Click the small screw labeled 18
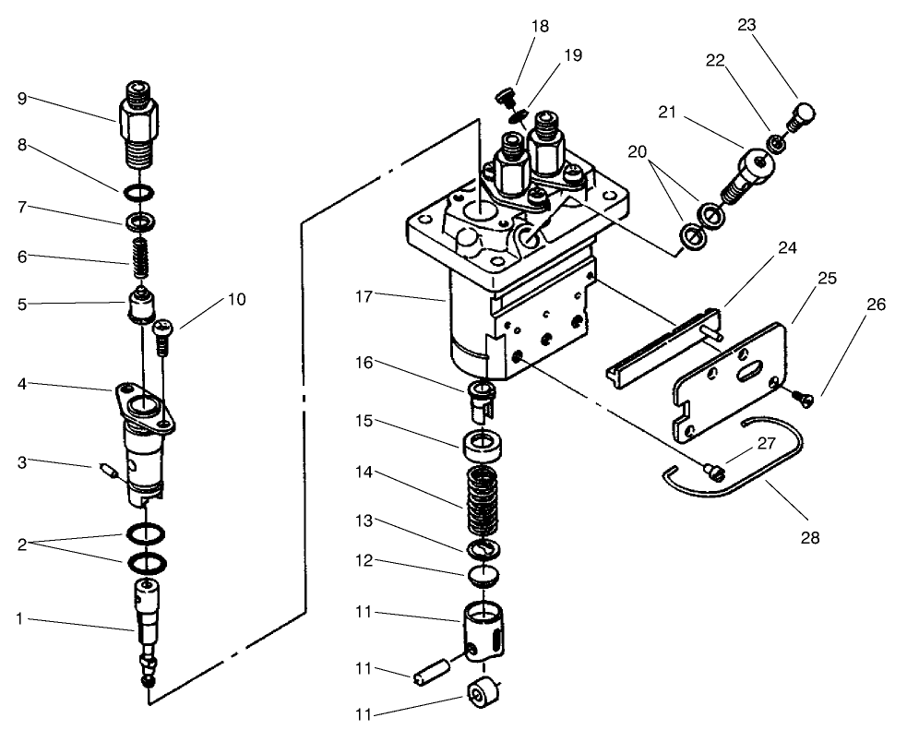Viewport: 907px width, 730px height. tap(503, 96)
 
